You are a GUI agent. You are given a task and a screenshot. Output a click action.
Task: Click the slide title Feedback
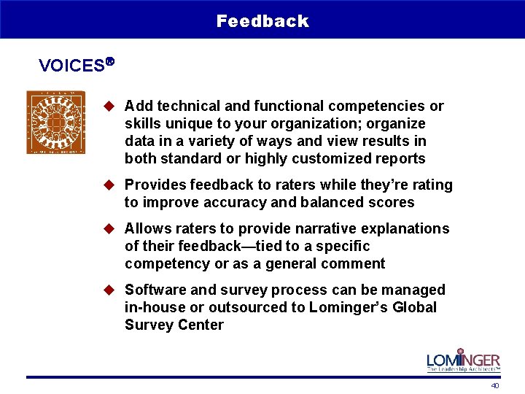[262, 21]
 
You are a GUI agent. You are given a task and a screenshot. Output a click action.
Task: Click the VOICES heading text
[71, 66]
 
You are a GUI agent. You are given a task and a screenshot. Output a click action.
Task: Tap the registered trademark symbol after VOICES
[110, 62]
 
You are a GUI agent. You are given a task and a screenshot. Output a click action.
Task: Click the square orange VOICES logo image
[56, 122]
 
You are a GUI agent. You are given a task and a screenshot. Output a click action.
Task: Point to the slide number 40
[495, 385]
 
